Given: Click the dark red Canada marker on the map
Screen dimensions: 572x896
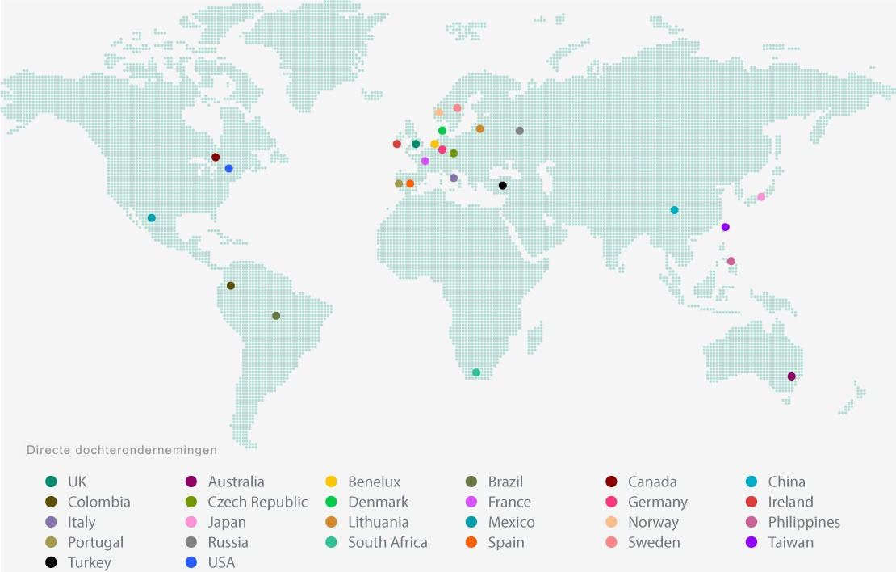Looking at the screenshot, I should pyautogui.click(x=216, y=157).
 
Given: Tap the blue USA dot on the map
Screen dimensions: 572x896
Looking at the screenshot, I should pyautogui.click(x=229, y=169).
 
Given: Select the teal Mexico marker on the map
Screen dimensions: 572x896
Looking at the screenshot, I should pyautogui.click(x=152, y=218).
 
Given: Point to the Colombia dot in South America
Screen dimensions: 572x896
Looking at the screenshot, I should pyautogui.click(x=231, y=286).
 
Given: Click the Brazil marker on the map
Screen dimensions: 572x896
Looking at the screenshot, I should pyautogui.click(x=276, y=316).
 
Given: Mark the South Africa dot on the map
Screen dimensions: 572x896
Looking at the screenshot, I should pyautogui.click(x=476, y=372).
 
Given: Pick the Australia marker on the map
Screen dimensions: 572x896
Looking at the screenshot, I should pyautogui.click(x=791, y=376).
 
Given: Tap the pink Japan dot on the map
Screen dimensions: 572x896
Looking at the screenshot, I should pyautogui.click(x=761, y=197).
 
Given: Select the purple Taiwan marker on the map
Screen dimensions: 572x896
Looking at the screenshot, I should pyautogui.click(x=726, y=227).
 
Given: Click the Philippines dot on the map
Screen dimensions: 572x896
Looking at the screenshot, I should pyautogui.click(x=731, y=261).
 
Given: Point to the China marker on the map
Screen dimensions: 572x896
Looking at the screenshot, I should pyautogui.click(x=675, y=210).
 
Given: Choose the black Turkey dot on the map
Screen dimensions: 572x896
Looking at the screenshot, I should pyautogui.click(x=503, y=186).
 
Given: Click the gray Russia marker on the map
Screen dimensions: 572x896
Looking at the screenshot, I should pyautogui.click(x=520, y=131).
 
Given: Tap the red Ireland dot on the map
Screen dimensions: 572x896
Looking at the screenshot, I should pyautogui.click(x=397, y=144).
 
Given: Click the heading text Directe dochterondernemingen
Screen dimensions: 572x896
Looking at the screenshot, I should pyautogui.click(x=122, y=450).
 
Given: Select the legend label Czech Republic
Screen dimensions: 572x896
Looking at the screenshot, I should pyautogui.click(x=257, y=502).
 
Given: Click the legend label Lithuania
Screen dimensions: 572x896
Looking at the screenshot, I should pyautogui.click(x=378, y=522).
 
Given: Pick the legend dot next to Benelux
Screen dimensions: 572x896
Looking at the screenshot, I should pyautogui.click(x=331, y=482).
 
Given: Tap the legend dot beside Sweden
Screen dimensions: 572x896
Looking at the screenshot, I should pyautogui.click(x=611, y=542).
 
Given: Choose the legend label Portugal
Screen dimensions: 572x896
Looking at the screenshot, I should pyautogui.click(x=95, y=542).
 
